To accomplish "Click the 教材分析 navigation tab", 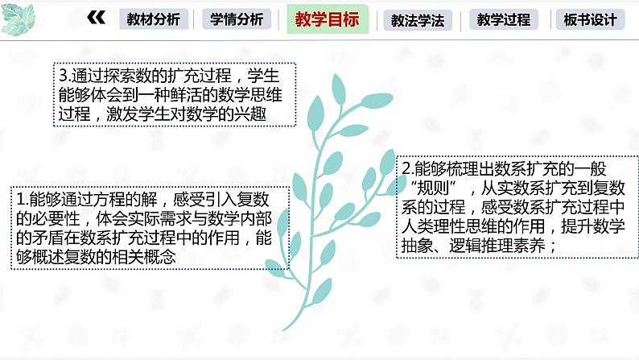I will (154, 19).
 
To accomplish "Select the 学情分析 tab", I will (237, 19).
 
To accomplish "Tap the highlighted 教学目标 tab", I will (327, 19).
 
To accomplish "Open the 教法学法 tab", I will (417, 20).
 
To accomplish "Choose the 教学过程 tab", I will (503, 20).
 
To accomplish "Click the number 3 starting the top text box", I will (64, 77).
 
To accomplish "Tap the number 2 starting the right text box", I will (406, 169).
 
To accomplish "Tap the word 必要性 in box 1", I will (54, 218).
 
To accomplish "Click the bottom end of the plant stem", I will (283, 329).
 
